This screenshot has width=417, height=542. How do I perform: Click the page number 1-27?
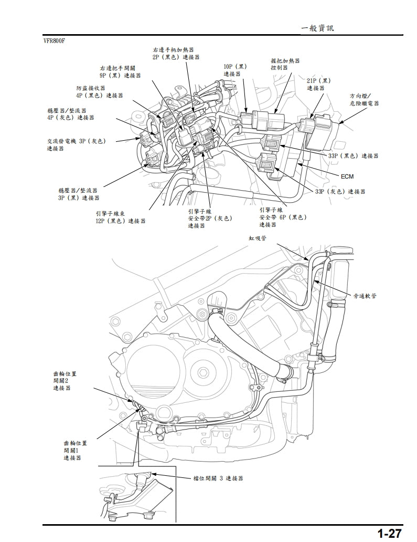pyautogui.click(x=389, y=533)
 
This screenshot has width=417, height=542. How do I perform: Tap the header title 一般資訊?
pyautogui.click(x=317, y=28)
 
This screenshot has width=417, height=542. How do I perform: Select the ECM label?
pyautogui.click(x=347, y=176)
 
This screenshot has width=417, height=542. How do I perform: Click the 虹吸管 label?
pyautogui.click(x=258, y=238)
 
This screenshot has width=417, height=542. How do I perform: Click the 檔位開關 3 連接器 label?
pyautogui.click(x=218, y=478)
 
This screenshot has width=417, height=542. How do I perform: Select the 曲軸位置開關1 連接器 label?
pyautogui.click(x=75, y=450)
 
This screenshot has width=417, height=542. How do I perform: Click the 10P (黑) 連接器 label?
pyautogui.click(x=234, y=70)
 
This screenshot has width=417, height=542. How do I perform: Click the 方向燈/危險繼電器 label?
pyautogui.click(x=363, y=100)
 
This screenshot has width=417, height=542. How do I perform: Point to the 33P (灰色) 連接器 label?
pyautogui.click(x=340, y=192)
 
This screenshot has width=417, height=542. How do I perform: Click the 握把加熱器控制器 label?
pyautogui.click(x=285, y=64)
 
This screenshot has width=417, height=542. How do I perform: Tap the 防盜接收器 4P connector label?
pyautogui.click(x=99, y=92)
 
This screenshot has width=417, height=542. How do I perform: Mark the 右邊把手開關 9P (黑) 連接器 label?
pyautogui.click(x=120, y=72)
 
